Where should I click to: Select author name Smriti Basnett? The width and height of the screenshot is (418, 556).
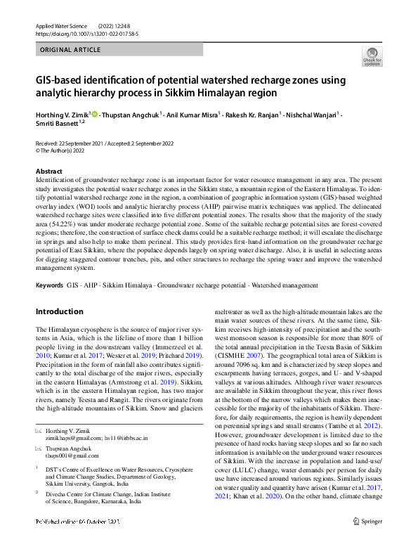point(58,124)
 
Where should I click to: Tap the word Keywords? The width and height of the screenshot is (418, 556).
point(49,286)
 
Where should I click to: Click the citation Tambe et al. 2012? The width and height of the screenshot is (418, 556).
point(359,426)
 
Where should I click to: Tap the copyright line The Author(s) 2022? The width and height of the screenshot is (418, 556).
point(63,150)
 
